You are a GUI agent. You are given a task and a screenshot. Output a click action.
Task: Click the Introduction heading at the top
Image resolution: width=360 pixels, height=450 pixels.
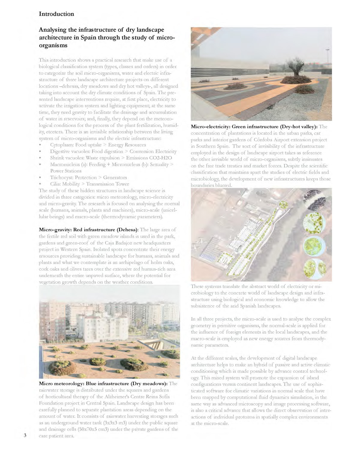[56, 14]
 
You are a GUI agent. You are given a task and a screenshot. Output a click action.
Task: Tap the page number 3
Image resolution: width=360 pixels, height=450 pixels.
[25, 435]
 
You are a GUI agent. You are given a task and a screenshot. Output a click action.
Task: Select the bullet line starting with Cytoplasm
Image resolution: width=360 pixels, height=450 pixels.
[98, 145]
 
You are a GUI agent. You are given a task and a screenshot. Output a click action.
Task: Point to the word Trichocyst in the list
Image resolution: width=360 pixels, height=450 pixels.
[61, 178]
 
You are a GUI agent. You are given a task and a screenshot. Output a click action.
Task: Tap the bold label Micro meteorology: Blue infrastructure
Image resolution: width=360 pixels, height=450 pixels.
[103, 384]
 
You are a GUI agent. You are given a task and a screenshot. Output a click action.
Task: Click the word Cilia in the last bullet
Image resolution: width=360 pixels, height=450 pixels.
[56, 184]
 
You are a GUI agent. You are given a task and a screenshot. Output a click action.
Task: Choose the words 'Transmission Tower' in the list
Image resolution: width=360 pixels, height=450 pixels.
[107, 184]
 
